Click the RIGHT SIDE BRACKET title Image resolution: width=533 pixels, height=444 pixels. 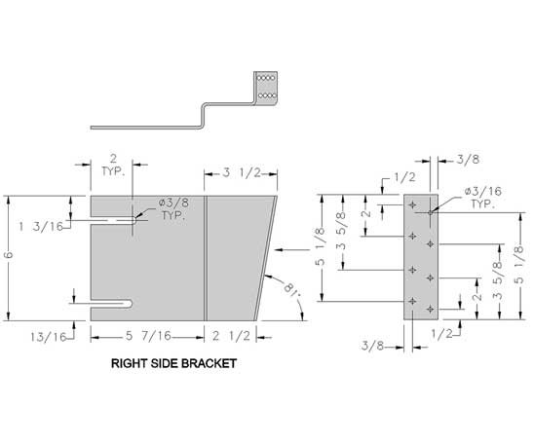173,363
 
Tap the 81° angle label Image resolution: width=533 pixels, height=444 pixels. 292,289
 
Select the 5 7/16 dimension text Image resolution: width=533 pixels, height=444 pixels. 148,336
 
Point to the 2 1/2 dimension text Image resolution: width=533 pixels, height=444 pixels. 231,336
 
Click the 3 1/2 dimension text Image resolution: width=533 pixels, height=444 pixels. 242,173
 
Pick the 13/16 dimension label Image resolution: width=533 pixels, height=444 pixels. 48,337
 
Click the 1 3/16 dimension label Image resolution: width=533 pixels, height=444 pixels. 41,227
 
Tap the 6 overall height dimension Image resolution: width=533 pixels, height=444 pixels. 9,255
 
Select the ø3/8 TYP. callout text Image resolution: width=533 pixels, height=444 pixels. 173,209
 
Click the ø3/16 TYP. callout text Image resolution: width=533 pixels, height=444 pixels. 483,198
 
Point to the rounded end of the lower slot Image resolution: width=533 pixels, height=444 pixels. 129,304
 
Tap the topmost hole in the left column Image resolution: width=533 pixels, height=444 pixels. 412,204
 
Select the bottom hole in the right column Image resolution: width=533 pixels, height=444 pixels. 431,309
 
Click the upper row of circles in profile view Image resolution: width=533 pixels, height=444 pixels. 266,78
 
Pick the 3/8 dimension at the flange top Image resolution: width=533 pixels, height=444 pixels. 468,160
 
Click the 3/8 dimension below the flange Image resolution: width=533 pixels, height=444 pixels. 372,346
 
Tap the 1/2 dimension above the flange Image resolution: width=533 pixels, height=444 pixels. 405,177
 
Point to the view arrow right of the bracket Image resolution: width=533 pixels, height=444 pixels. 292,249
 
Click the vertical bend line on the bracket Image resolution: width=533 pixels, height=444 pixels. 206,258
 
